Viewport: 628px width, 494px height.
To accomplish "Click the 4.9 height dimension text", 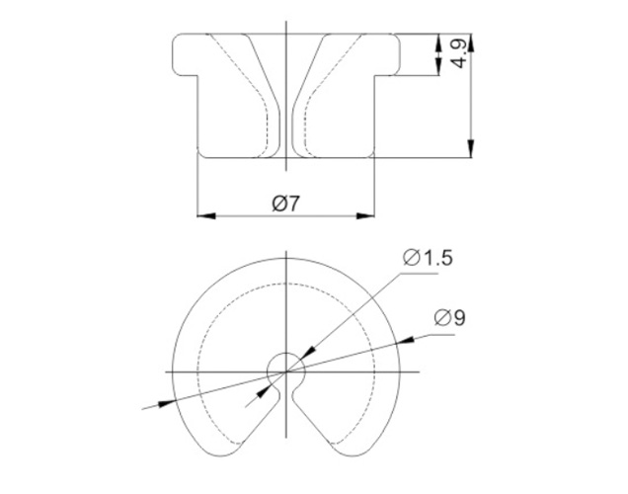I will (x=457, y=53).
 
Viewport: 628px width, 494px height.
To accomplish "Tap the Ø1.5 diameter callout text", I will (x=428, y=258).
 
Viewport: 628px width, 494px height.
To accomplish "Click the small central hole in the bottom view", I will (x=285, y=368).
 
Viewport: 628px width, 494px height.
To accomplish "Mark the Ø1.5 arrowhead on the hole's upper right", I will (x=306, y=351).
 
